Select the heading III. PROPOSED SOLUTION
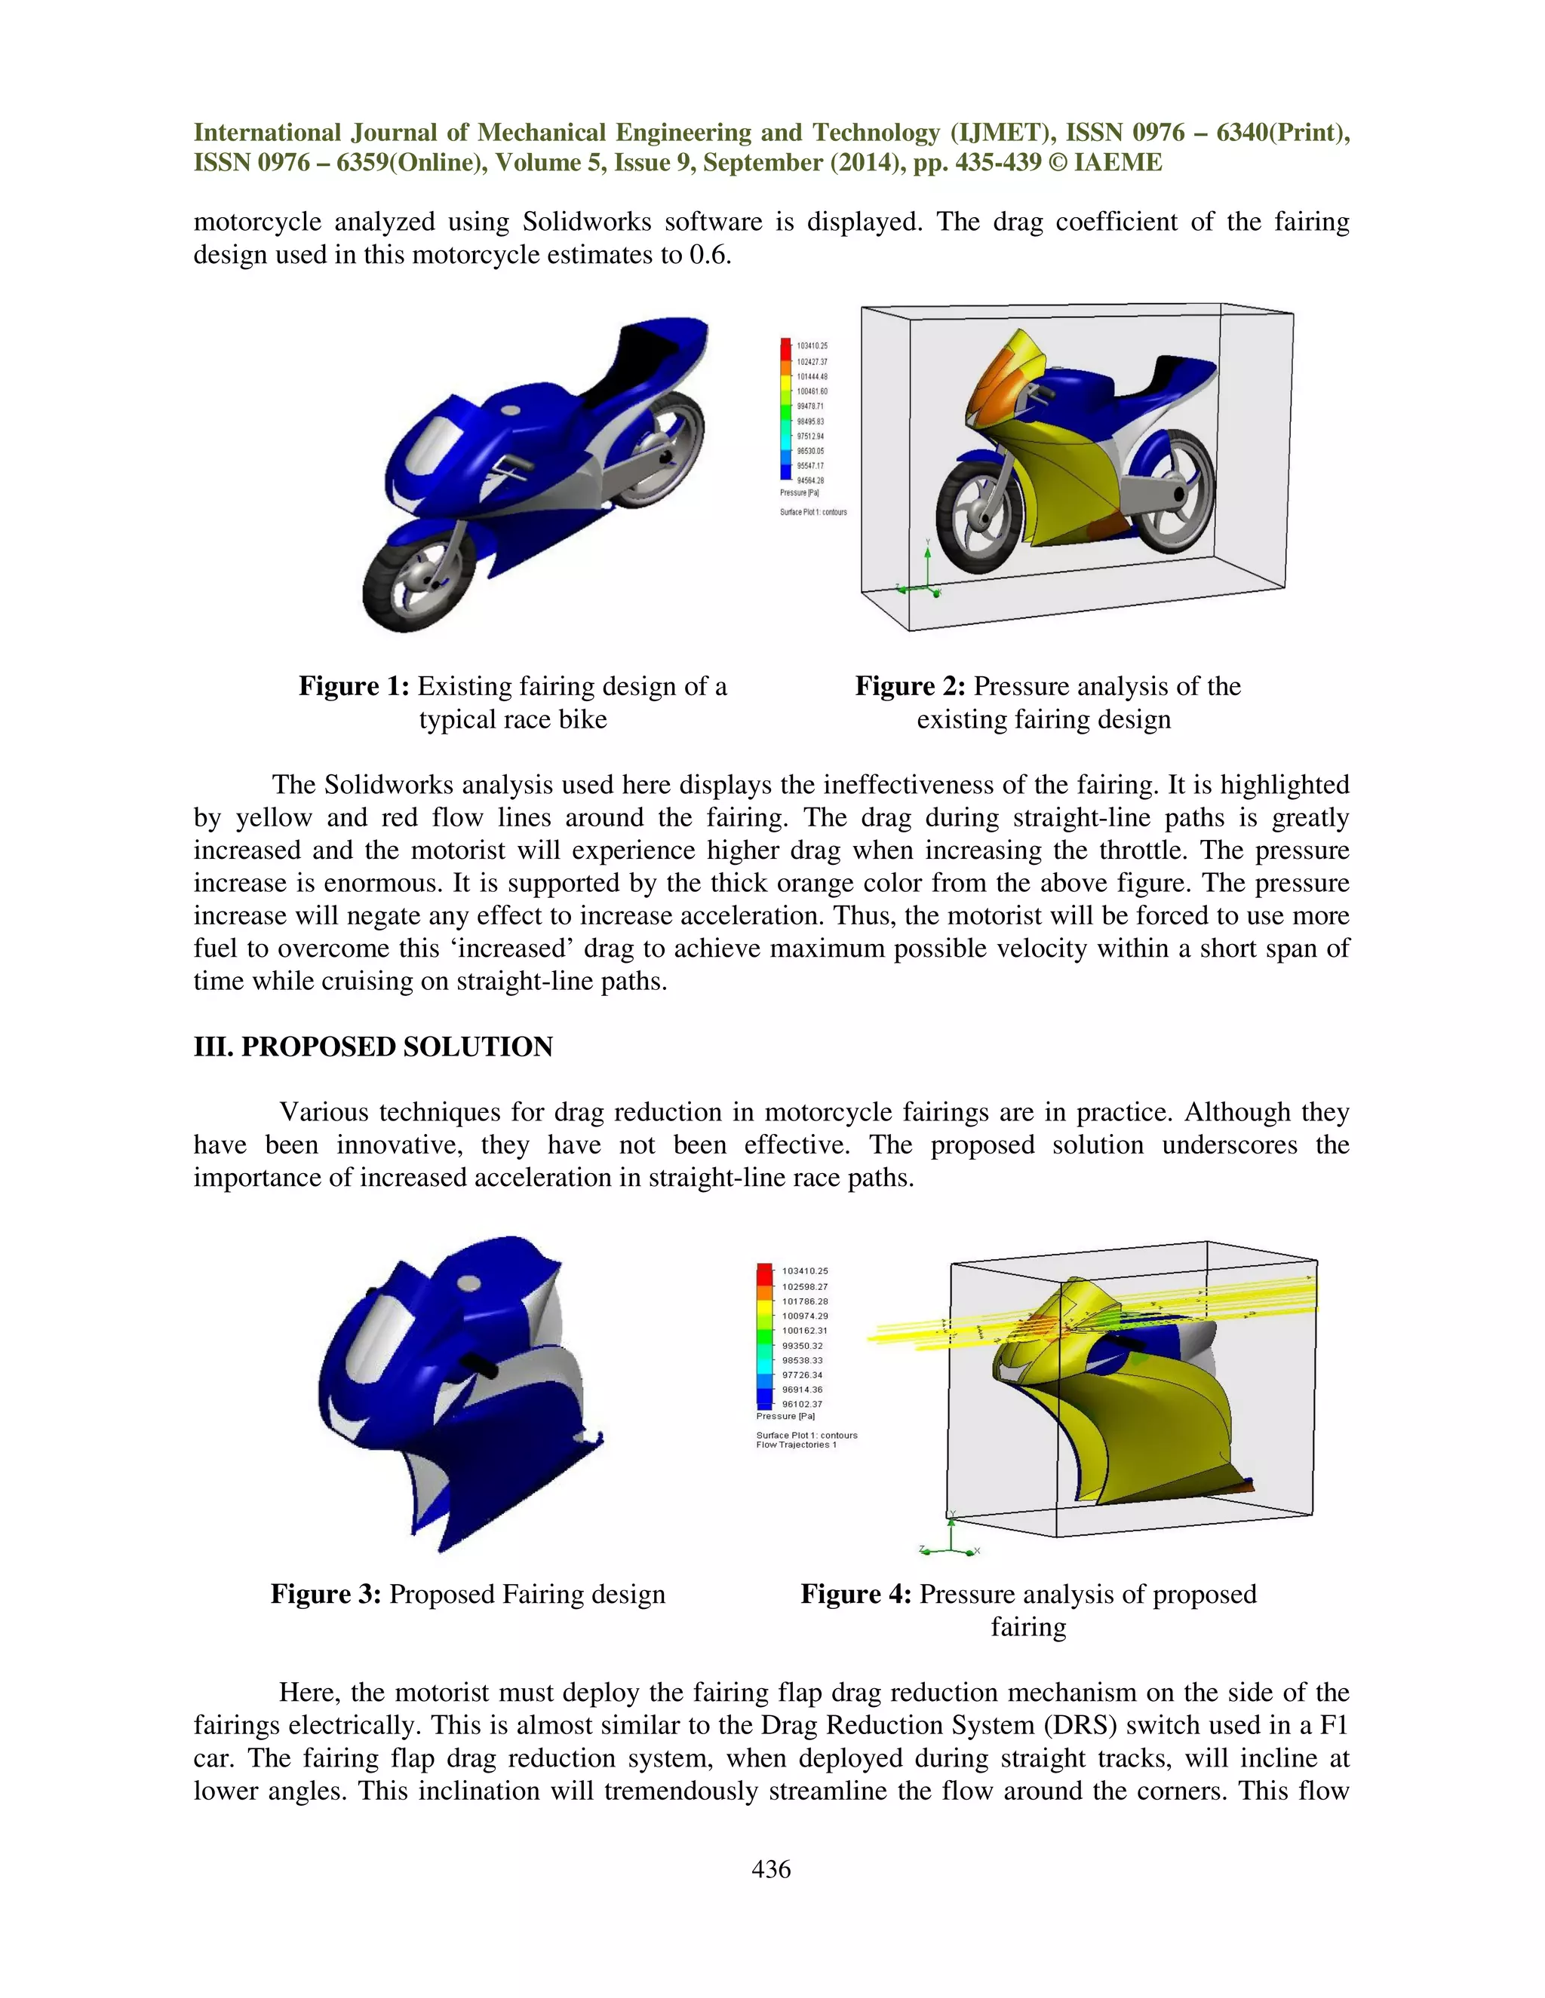coord(373,1046)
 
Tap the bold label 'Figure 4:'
coord(855,1594)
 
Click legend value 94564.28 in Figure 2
coord(811,480)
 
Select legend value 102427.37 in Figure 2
coord(812,361)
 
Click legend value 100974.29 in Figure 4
coord(804,1316)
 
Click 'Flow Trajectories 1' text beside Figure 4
coord(797,1445)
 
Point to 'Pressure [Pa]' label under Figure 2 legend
coord(799,493)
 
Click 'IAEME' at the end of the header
coord(1117,163)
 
